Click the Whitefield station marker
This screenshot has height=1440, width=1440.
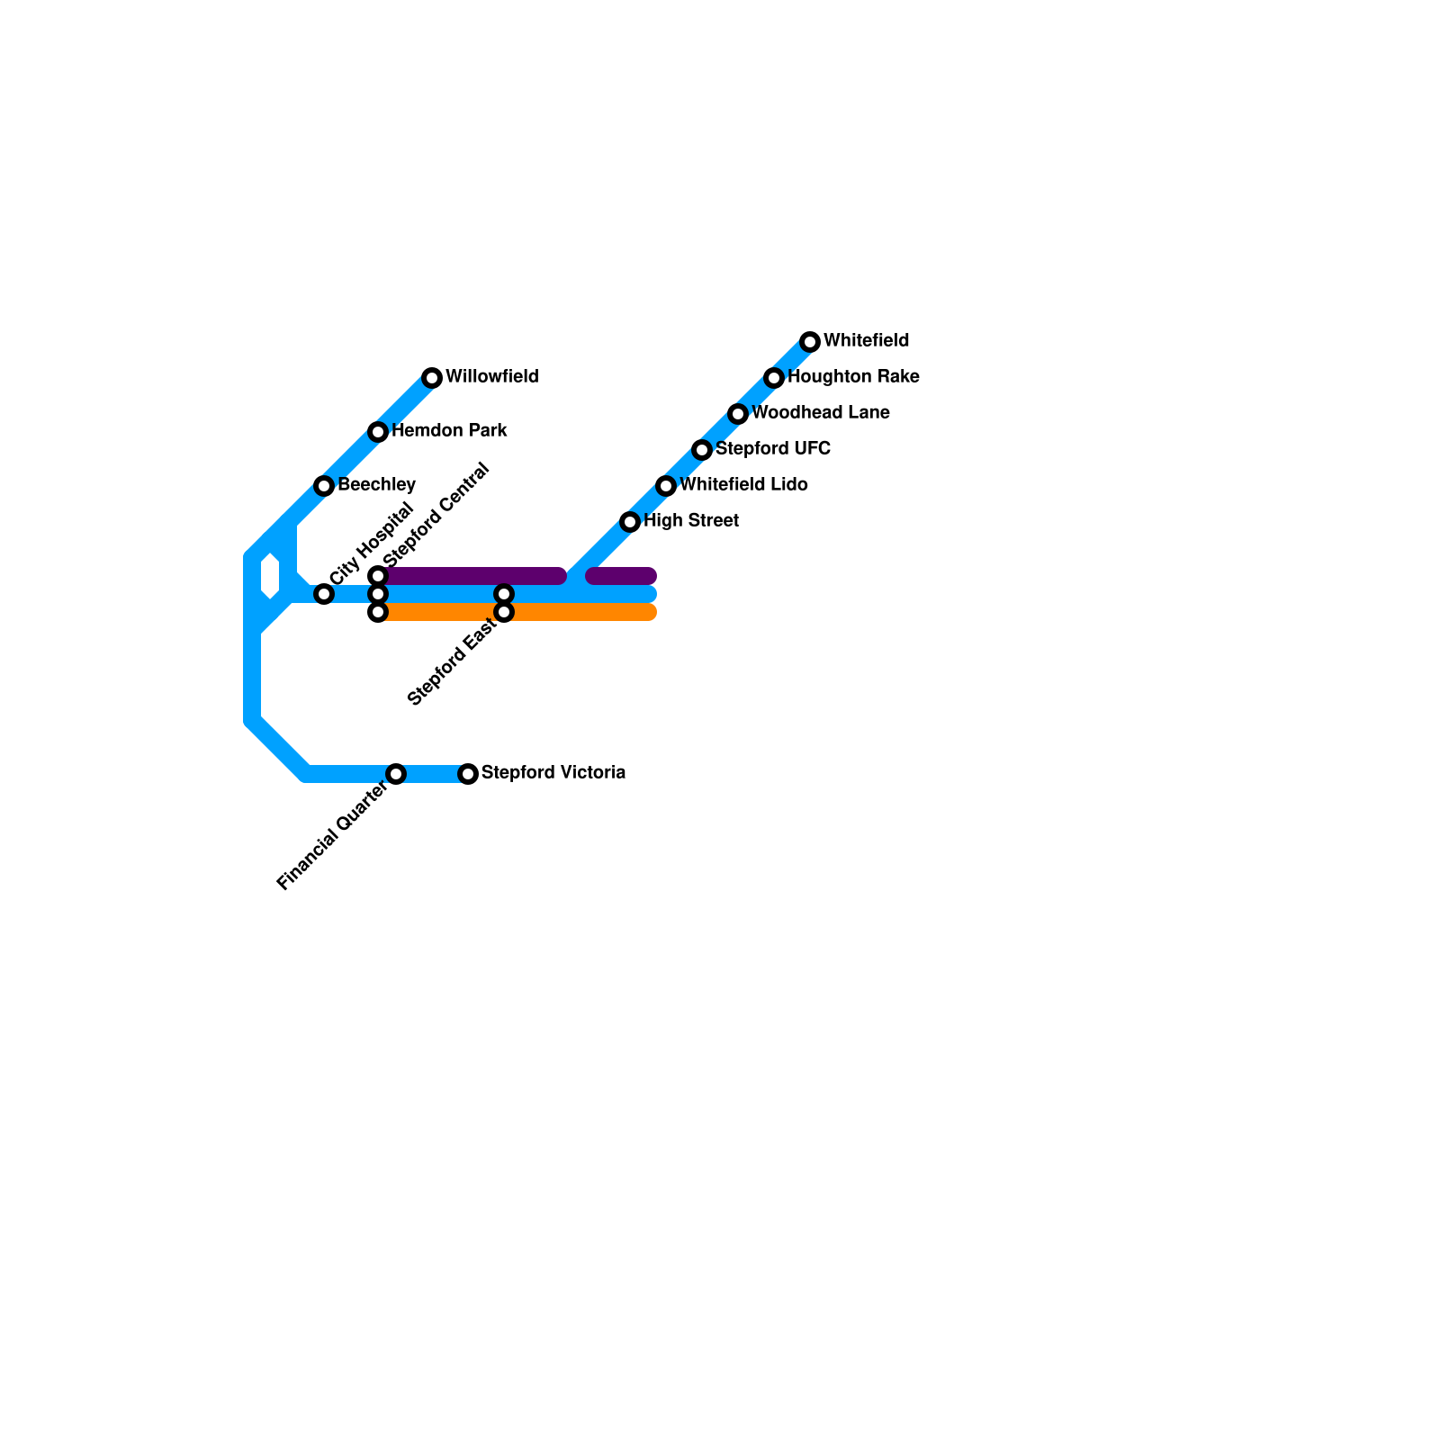click(810, 342)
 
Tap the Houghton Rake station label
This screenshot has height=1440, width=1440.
click(853, 377)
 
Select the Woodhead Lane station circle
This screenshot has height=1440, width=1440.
click(738, 414)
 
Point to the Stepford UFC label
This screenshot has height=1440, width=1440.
click(773, 449)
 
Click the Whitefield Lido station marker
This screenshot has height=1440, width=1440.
click(666, 486)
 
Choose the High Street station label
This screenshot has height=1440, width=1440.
click(691, 521)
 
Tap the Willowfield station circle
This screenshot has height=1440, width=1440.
click(432, 378)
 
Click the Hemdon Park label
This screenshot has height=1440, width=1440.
click(449, 431)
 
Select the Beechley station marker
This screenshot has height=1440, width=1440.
click(324, 486)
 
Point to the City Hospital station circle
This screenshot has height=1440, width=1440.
click(324, 594)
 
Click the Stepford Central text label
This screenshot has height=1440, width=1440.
click(436, 516)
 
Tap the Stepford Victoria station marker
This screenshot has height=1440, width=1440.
click(468, 774)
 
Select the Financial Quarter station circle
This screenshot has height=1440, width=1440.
click(396, 774)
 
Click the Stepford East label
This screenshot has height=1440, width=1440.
click(452, 663)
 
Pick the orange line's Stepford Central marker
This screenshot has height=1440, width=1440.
click(378, 612)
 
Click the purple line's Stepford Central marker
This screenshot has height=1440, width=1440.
click(378, 576)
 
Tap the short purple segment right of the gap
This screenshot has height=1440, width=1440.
click(621, 576)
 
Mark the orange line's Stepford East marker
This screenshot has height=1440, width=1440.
click(504, 612)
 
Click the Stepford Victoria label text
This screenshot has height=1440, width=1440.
click(553, 773)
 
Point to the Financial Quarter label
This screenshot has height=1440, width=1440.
click(333, 836)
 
